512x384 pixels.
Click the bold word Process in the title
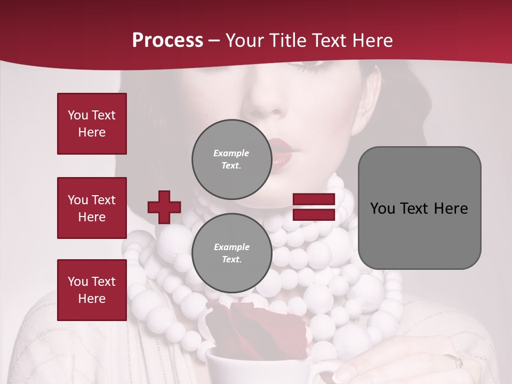[167, 41]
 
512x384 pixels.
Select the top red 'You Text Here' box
[92, 124]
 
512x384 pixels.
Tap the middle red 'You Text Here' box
[92, 208]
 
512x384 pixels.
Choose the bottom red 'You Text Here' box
[92, 290]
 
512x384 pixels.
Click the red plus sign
[164, 207]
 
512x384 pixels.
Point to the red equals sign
[314, 207]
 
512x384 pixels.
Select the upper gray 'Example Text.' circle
[231, 159]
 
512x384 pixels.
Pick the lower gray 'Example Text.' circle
[231, 253]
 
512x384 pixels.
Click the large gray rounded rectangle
[419, 208]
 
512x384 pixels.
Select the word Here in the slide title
[372, 41]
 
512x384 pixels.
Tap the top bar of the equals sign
[314, 199]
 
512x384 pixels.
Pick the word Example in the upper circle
[231, 153]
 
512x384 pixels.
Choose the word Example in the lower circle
[231, 247]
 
